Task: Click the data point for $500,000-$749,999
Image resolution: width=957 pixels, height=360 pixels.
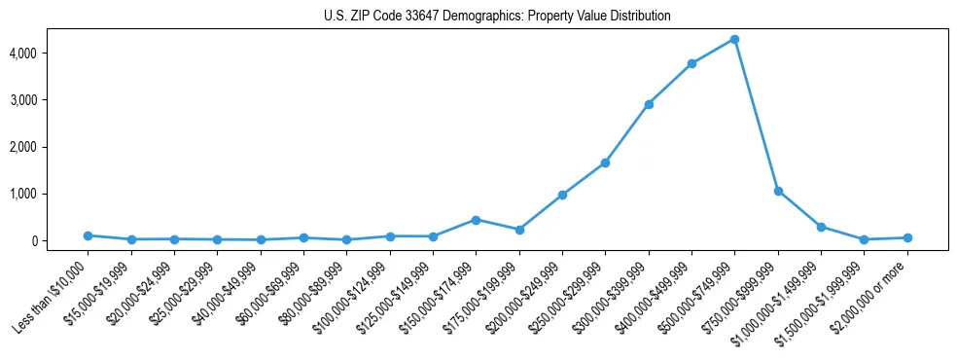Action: click(734, 39)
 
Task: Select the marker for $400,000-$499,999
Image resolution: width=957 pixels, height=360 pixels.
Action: click(691, 64)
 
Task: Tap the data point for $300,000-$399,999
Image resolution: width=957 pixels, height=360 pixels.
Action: click(649, 104)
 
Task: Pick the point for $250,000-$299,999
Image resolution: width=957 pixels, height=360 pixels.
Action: click(605, 162)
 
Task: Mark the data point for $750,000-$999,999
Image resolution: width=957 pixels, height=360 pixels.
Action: click(778, 191)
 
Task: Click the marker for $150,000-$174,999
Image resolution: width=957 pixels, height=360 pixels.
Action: click(476, 220)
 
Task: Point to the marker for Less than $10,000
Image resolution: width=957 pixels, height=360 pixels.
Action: click(88, 235)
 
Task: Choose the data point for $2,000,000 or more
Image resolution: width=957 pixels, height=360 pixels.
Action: click(907, 237)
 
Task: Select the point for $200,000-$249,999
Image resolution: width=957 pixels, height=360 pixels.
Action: click(562, 195)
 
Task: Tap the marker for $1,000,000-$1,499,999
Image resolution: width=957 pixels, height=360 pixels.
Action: click(821, 227)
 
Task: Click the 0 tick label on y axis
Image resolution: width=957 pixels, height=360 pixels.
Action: click(60, 241)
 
